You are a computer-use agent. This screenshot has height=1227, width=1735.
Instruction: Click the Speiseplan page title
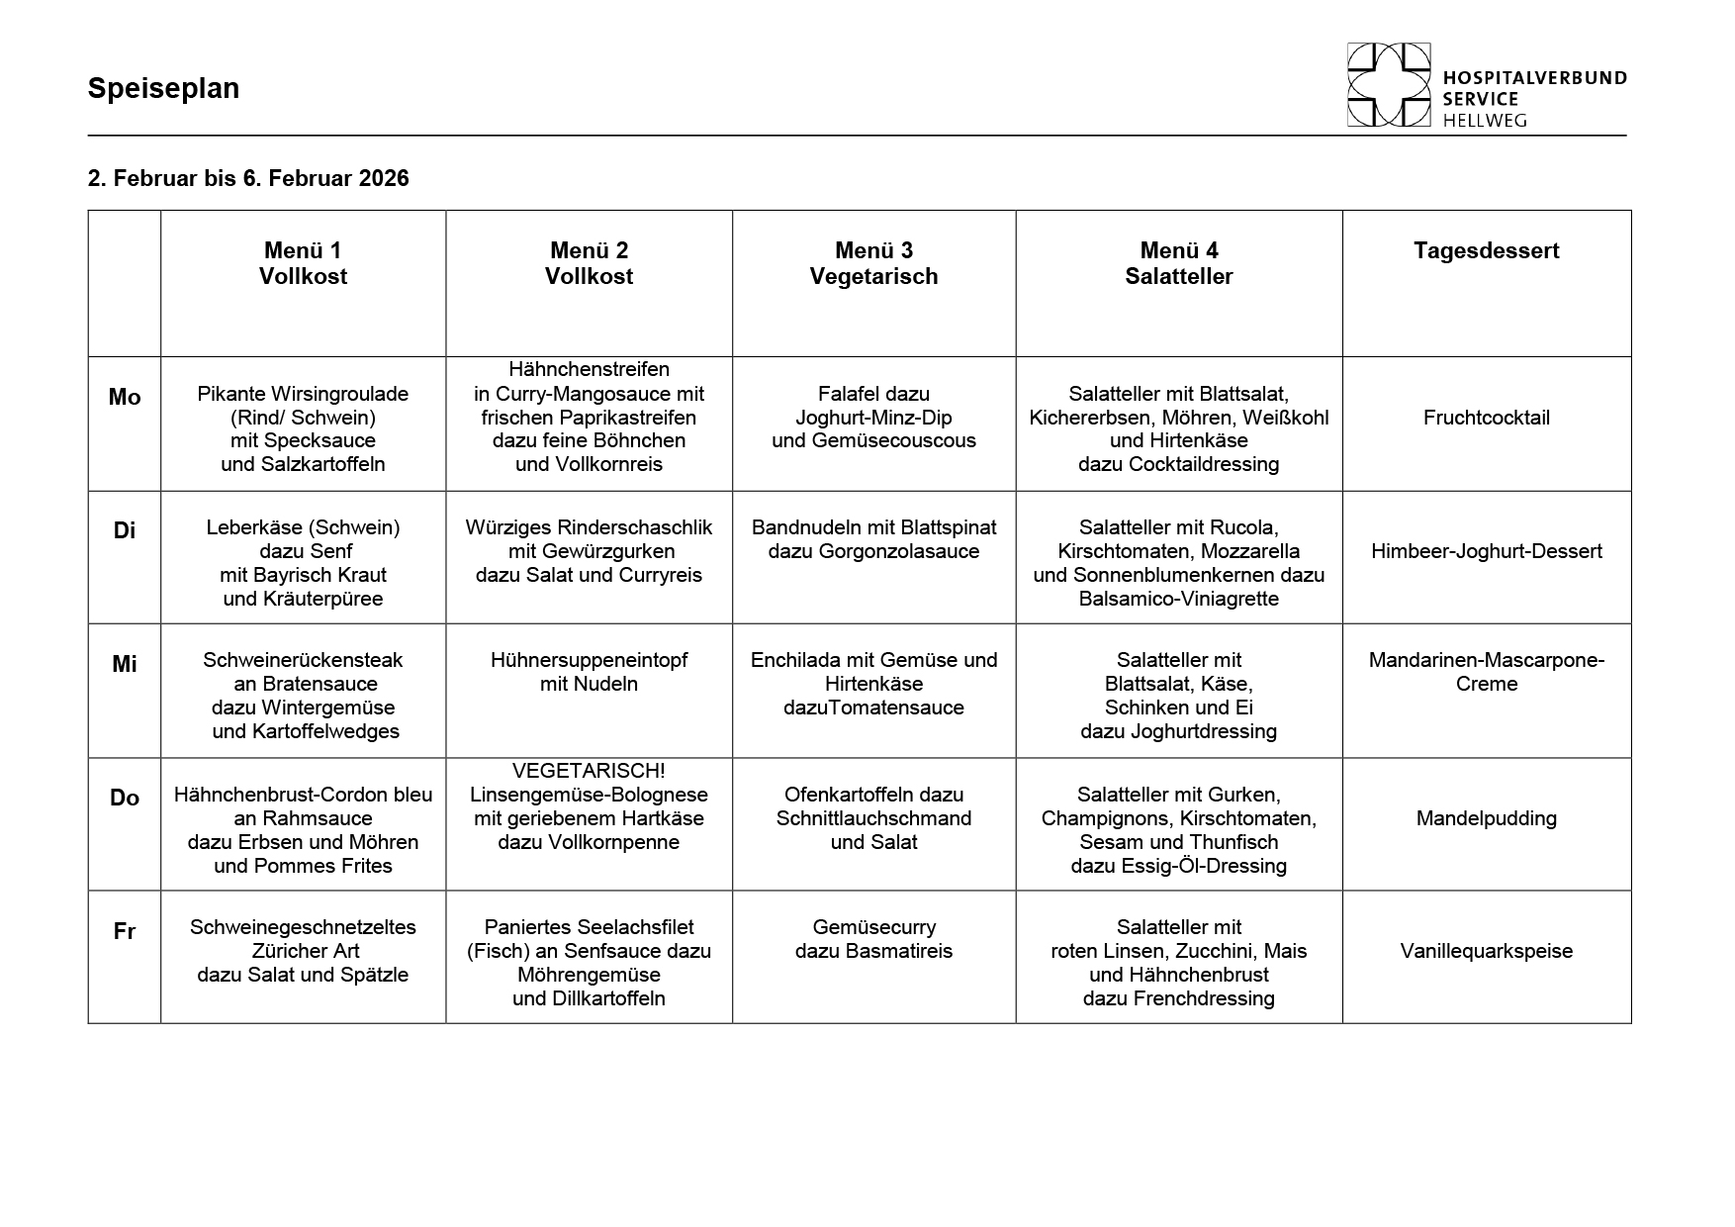[x=163, y=88]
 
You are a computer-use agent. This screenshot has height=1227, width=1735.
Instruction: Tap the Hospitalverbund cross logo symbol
[x=1388, y=85]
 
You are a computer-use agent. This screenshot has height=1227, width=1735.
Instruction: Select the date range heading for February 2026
[x=248, y=178]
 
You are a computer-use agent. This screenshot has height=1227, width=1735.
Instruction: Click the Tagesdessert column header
[x=1486, y=250]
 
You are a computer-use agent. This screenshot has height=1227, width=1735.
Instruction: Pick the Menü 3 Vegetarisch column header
[x=873, y=263]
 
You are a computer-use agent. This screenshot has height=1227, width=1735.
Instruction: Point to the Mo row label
[x=125, y=397]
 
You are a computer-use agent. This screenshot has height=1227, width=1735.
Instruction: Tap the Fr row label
[x=125, y=931]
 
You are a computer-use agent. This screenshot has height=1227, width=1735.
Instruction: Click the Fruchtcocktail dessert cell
[x=1486, y=418]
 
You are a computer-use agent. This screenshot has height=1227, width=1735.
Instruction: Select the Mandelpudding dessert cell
[x=1486, y=818]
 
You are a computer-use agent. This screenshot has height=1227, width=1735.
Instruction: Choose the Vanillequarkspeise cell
[x=1486, y=951]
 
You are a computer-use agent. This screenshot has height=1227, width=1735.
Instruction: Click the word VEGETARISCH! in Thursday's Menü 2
[x=589, y=771]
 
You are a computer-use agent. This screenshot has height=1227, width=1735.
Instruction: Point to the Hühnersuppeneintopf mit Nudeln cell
[x=589, y=672]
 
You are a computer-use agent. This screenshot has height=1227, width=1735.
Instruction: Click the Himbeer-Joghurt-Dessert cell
[x=1486, y=551]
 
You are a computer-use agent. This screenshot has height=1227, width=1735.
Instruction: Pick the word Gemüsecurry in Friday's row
[x=873, y=927]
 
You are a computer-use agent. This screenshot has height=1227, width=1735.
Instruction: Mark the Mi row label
[x=125, y=664]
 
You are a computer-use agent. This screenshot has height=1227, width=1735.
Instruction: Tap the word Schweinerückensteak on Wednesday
[x=303, y=660]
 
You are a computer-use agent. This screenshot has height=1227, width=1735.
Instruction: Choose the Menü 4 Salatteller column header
[x=1178, y=263]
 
